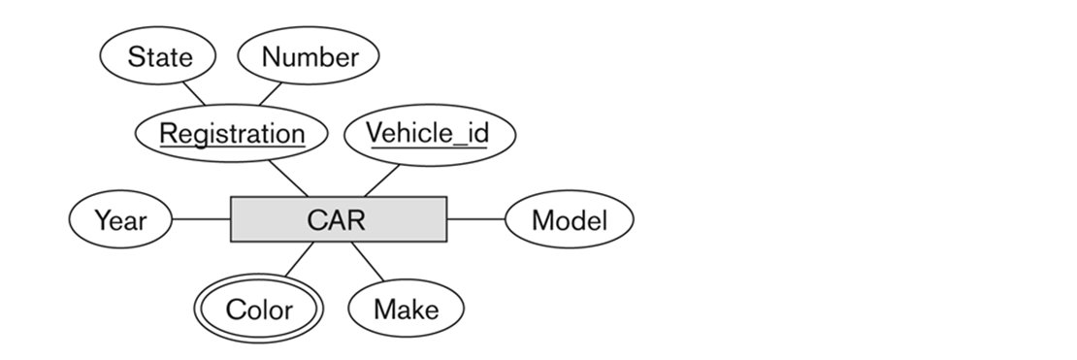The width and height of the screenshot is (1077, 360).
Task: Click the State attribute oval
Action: [159, 56]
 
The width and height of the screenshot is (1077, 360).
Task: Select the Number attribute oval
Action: [309, 56]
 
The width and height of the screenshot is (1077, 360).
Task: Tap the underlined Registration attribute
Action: [232, 133]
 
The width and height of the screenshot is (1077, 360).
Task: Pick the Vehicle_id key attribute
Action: [427, 133]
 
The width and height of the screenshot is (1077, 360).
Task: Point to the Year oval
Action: [120, 220]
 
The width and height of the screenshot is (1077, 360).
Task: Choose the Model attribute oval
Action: [570, 220]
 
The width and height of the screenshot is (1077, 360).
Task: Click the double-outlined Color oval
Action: [259, 310]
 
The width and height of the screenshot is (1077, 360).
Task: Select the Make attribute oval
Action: [406, 310]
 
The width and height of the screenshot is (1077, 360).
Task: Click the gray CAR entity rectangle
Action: [338, 220]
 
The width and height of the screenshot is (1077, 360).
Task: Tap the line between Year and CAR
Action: [201, 220]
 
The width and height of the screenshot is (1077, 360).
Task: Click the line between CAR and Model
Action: [476, 220]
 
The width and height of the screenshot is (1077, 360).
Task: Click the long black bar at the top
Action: [332, 10]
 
